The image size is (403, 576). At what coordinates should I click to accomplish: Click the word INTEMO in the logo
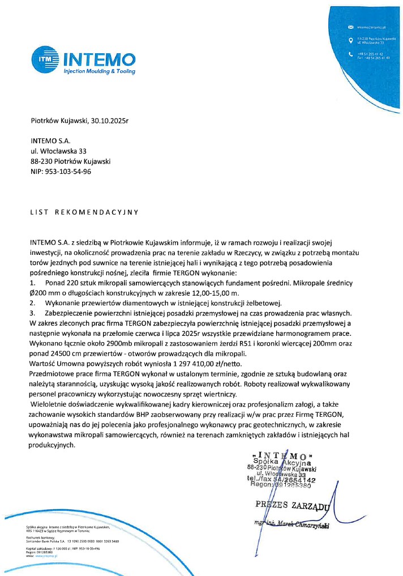pos(99,59)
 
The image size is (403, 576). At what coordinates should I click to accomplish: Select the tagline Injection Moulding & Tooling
pos(99,72)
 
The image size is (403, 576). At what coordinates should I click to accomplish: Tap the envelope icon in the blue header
pos(350,27)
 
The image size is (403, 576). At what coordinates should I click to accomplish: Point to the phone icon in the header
pos(350,54)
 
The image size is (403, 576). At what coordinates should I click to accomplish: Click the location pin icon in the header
pos(350,40)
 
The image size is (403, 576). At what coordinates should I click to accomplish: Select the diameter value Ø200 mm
pos(52,293)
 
